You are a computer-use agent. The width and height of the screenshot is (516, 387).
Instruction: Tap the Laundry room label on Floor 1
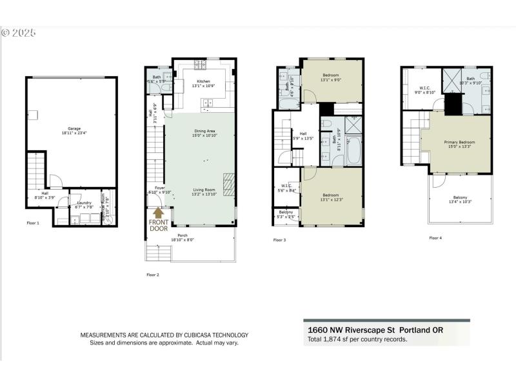tap(84, 203)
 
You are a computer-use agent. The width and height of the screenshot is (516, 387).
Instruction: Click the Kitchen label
tap(194, 82)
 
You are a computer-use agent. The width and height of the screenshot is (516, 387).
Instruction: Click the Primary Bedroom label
tap(459, 142)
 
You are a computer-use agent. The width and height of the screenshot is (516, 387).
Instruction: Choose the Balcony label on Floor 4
tap(460, 198)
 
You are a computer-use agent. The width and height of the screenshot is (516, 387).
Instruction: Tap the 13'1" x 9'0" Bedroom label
tap(331, 75)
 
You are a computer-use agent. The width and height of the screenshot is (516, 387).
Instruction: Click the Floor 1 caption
tap(33, 223)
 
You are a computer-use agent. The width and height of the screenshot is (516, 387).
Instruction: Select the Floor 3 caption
tap(279, 240)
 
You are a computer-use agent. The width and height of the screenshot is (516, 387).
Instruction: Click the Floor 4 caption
tap(435, 237)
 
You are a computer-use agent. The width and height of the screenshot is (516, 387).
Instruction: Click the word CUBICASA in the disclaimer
tap(184, 335)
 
